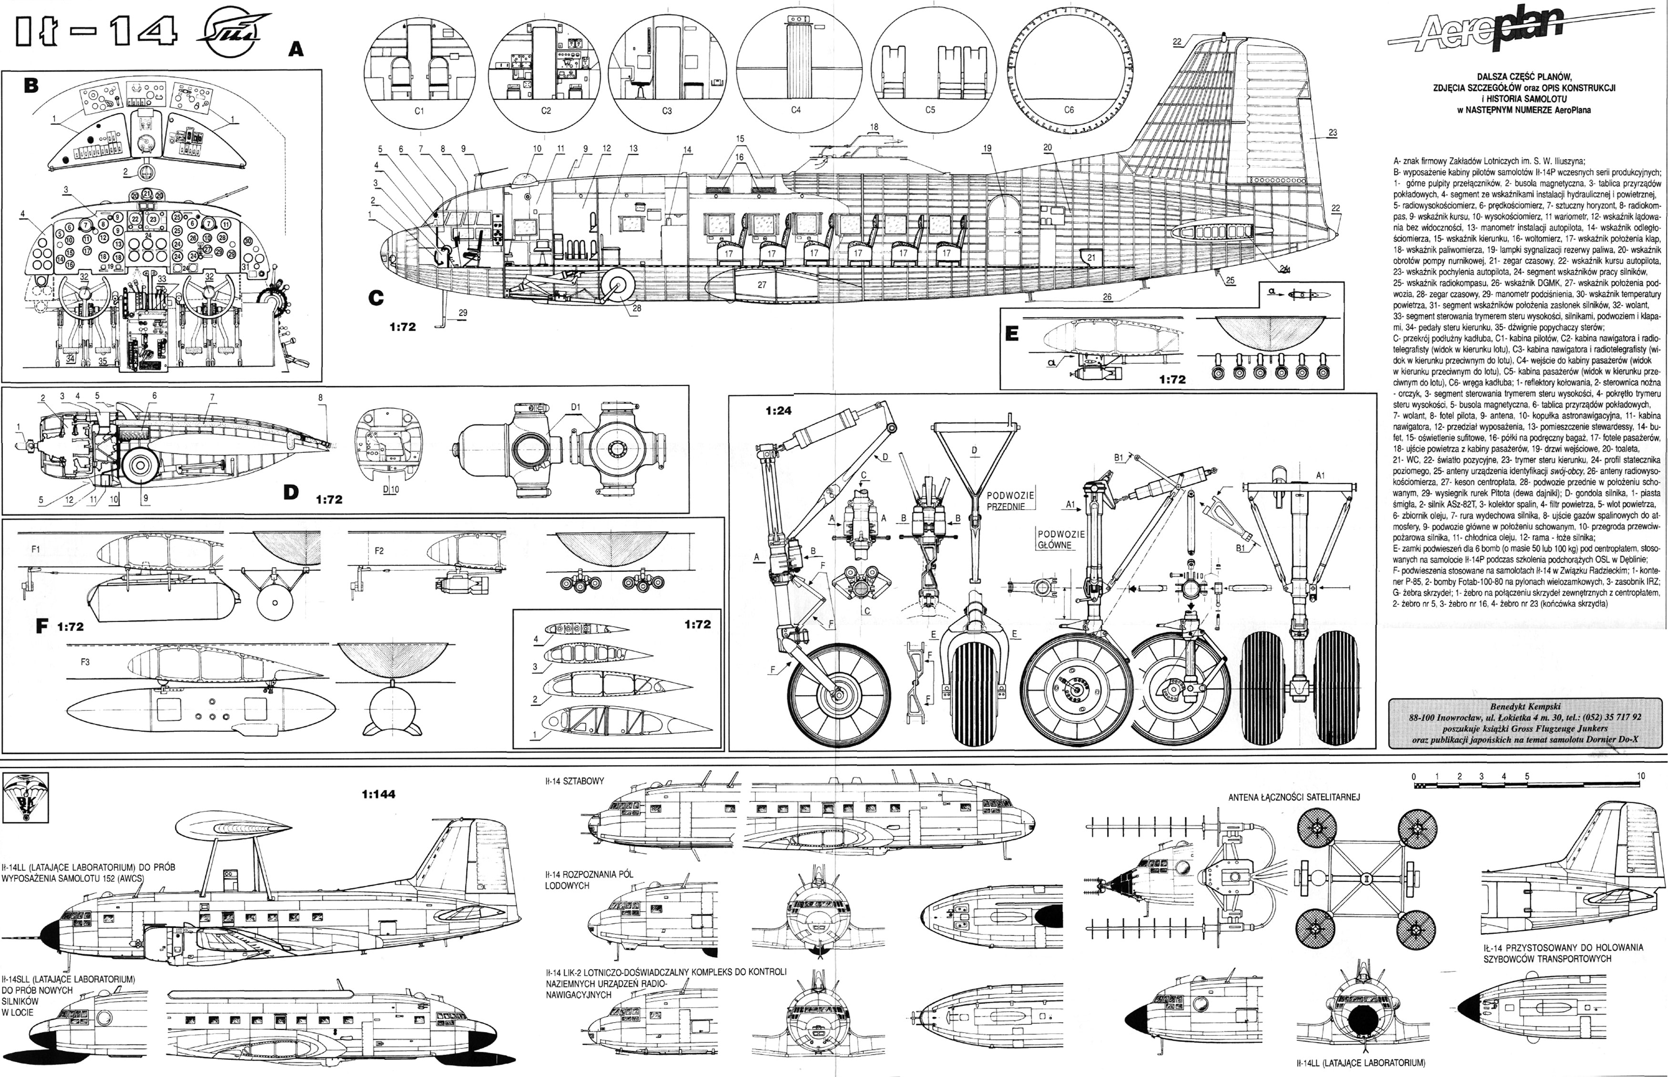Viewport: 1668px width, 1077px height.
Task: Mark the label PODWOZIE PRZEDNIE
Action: pyautogui.click(x=1009, y=500)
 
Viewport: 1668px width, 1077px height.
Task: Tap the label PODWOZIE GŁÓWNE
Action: pyautogui.click(x=1060, y=539)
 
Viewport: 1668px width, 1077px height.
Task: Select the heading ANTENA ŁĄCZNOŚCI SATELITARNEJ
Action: pyautogui.click(x=1293, y=797)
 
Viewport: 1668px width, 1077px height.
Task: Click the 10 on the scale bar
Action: pyautogui.click(x=1641, y=776)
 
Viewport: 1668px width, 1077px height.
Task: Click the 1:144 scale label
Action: pyautogui.click(x=378, y=794)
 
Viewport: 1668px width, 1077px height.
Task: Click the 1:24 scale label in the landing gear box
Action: pyautogui.click(x=778, y=410)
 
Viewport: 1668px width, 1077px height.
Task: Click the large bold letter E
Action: pyautogui.click(x=1012, y=334)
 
